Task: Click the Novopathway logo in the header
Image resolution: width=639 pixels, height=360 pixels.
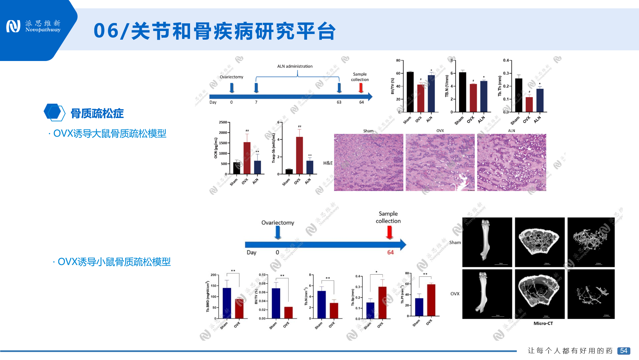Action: coord(33,26)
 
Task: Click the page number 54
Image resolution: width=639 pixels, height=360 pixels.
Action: coord(623,351)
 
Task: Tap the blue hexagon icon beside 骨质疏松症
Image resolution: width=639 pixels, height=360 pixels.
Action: coord(54,112)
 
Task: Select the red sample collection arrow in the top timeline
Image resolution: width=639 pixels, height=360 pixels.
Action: coord(361,88)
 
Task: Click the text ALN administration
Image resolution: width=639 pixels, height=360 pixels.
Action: coord(295,66)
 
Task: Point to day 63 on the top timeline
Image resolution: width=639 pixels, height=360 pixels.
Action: coord(339,102)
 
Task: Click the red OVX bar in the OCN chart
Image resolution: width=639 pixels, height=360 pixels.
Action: coord(247,158)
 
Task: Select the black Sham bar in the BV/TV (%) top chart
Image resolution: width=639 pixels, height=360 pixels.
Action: coord(410,92)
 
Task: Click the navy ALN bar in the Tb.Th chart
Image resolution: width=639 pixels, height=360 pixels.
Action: coord(540,100)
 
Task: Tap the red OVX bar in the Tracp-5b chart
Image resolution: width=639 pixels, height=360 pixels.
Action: coord(300,155)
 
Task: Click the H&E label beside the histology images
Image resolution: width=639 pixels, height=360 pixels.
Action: coord(328,163)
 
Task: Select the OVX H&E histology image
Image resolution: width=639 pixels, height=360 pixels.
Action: coord(440,162)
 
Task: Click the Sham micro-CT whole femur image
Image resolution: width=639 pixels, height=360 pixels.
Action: coord(487,242)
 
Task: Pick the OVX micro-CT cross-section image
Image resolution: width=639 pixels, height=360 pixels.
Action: coord(539,294)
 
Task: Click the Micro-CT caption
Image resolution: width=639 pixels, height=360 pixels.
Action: coord(543,323)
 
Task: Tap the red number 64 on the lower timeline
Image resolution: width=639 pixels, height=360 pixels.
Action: coord(390,252)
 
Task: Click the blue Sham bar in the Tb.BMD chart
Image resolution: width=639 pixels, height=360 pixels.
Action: coord(227,303)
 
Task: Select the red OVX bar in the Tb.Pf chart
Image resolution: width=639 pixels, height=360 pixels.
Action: coord(431,300)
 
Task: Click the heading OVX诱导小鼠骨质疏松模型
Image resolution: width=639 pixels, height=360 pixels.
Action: coord(114,262)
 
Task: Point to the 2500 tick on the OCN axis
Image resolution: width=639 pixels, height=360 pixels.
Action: coord(223,122)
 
